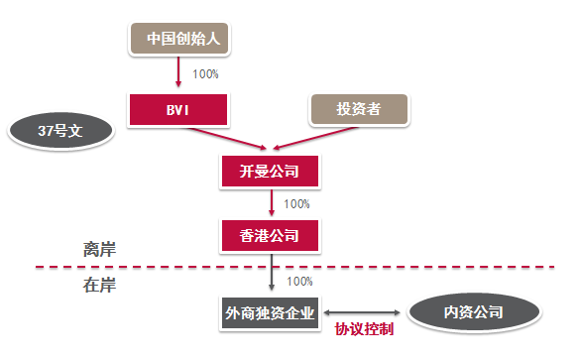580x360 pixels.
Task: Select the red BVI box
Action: pyautogui.click(x=178, y=109)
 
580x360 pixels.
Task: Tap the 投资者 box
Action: pyautogui.click(x=359, y=110)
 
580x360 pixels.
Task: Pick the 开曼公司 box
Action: pyautogui.click(x=271, y=172)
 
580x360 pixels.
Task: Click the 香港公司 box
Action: pyautogui.click(x=271, y=237)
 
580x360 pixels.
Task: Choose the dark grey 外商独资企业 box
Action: pyautogui.click(x=271, y=312)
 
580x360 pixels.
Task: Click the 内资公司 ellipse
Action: pyautogui.click(x=472, y=312)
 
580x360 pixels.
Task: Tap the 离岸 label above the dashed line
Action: pyautogui.click(x=99, y=249)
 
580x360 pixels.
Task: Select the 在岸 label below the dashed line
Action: pyautogui.click(x=99, y=286)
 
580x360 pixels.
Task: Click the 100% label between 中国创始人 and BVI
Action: pyautogui.click(x=205, y=74)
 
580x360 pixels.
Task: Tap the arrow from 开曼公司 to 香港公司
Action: pyautogui.click(x=271, y=204)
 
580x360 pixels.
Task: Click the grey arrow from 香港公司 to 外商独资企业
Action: pyautogui.click(x=271, y=273)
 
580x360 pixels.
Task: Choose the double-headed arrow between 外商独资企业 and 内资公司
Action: pyautogui.click(x=364, y=312)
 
